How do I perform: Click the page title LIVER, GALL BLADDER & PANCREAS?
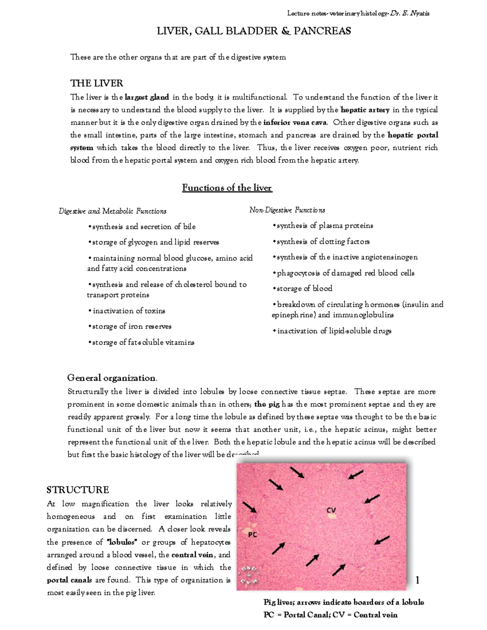click(254, 31)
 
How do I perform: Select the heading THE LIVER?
click(97, 83)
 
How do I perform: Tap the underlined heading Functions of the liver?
click(227, 188)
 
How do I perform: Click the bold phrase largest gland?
click(147, 97)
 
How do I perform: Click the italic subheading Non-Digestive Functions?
click(287, 210)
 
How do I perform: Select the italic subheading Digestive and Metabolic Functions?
click(112, 211)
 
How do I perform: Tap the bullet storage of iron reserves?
click(130, 327)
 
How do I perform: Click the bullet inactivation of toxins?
click(127, 311)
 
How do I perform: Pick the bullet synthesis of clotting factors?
click(321, 242)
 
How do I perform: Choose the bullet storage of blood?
click(303, 288)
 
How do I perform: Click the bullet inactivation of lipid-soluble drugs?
click(332, 331)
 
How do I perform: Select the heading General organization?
click(112, 378)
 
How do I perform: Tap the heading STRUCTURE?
click(78, 490)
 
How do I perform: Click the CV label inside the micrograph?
click(331, 510)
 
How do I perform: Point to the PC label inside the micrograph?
click(252, 534)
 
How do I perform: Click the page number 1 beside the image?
click(417, 581)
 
